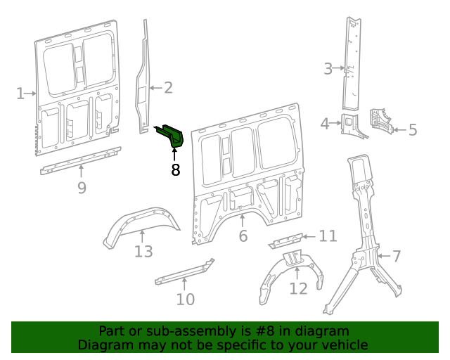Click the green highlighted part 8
(172, 134)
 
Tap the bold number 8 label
(175, 169)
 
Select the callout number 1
(20, 93)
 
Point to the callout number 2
(168, 88)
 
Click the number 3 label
(328, 68)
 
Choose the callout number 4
(325, 124)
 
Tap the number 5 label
(413, 129)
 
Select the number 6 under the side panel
(243, 236)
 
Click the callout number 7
(397, 256)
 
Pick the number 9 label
(82, 188)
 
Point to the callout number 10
(185, 300)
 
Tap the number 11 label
(328, 236)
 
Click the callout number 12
(298, 288)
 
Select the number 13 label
(143, 251)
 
